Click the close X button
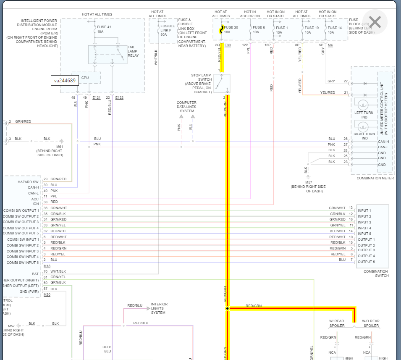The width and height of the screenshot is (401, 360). point(375,22)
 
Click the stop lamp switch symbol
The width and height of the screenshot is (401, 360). point(222,83)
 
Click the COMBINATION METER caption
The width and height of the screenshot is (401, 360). point(375,178)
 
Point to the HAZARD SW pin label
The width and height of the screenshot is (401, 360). point(28,182)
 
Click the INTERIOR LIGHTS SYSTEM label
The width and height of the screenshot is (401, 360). point(159,308)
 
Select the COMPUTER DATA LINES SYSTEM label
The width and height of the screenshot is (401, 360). point(186,107)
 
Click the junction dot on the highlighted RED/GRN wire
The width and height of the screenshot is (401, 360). point(227,308)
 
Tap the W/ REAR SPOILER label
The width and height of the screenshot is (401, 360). point(337,323)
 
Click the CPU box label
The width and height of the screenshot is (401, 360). point(85,78)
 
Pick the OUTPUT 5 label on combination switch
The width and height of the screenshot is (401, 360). point(366,262)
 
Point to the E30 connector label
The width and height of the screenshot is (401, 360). point(228,45)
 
